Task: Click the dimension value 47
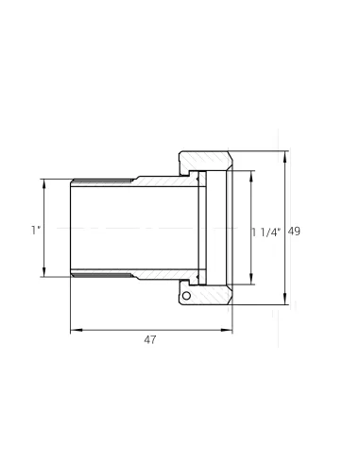150,340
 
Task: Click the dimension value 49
294,232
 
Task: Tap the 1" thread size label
36,230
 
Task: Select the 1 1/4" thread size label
266,232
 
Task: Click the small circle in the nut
186,296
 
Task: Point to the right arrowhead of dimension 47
226,330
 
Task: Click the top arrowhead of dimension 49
285,157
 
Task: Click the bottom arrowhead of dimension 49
285,299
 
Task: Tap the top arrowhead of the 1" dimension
43,185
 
